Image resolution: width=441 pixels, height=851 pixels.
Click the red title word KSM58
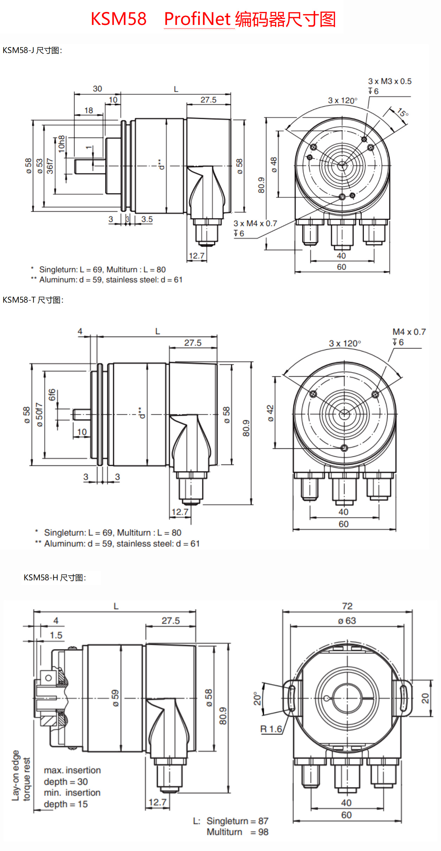(118, 19)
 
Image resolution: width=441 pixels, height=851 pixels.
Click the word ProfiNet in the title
(197, 19)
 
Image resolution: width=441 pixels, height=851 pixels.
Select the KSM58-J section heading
(32, 51)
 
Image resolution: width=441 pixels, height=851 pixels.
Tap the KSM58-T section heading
(33, 300)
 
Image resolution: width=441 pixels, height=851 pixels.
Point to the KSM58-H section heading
(54, 578)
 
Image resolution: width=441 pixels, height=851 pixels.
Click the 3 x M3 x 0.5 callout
(390, 81)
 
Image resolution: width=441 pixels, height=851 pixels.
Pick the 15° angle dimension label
(403, 113)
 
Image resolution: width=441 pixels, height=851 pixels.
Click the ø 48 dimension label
(274, 165)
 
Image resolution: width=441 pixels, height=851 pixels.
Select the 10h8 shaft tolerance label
(62, 144)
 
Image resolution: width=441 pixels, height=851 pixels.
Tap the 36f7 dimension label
(50, 166)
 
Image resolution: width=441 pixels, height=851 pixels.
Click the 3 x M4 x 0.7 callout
(255, 224)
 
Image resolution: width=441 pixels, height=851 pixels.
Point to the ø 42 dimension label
(270, 413)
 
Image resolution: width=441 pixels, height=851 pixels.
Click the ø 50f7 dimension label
(39, 415)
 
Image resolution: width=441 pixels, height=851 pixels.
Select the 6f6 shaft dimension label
(52, 395)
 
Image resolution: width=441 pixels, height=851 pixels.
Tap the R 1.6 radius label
(271, 729)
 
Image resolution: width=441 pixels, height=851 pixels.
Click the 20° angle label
(258, 699)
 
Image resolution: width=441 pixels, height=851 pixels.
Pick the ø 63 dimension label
(347, 621)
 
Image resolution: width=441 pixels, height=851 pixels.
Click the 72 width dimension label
(347, 606)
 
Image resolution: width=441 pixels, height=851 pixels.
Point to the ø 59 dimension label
(115, 698)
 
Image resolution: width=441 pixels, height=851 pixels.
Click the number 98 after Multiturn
(263, 832)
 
